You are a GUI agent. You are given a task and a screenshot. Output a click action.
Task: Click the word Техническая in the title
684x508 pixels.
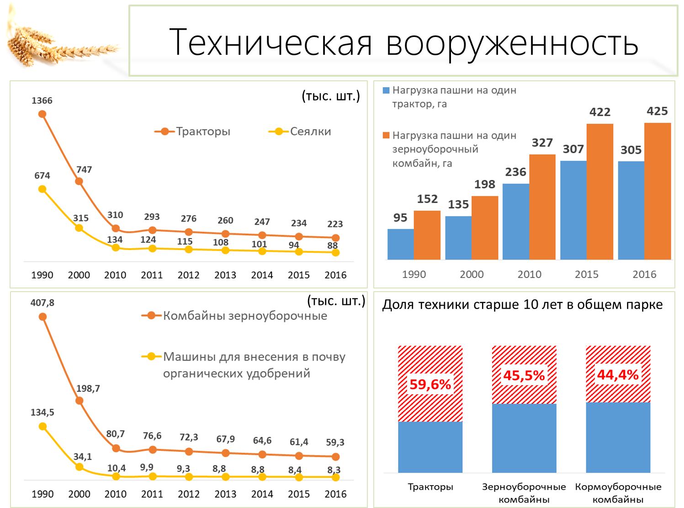pyautogui.click(x=270, y=42)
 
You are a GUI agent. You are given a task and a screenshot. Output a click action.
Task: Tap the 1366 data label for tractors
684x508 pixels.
pyautogui.click(x=42, y=100)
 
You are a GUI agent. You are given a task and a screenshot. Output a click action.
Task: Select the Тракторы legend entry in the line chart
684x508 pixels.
pyautogui.click(x=192, y=131)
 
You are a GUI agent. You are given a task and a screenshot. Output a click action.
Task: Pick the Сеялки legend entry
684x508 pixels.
pyautogui.click(x=300, y=131)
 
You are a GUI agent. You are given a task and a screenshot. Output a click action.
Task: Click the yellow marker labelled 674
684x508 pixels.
pyautogui.click(x=42, y=189)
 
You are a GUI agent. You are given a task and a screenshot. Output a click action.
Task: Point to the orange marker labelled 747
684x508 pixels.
pyautogui.click(x=79, y=181)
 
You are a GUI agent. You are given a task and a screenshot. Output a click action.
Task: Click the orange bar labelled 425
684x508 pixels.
pyautogui.click(x=657, y=191)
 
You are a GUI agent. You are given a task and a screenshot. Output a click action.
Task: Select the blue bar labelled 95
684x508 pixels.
pyautogui.click(x=401, y=244)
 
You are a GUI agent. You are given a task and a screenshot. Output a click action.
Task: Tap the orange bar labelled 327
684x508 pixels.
pyautogui.click(x=542, y=207)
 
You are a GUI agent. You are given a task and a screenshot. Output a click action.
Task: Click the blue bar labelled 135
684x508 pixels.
pyautogui.click(x=459, y=238)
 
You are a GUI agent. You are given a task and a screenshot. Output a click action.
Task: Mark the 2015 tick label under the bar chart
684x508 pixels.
pyautogui.click(x=587, y=274)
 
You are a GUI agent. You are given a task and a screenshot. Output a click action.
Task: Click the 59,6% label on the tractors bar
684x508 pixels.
pyautogui.click(x=430, y=384)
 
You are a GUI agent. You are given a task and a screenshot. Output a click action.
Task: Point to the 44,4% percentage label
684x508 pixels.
pyautogui.click(x=618, y=375)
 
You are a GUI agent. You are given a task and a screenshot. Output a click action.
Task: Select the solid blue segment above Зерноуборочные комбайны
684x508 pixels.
pyautogui.click(x=524, y=438)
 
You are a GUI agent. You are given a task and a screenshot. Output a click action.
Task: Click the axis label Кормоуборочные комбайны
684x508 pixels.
pyautogui.click(x=618, y=493)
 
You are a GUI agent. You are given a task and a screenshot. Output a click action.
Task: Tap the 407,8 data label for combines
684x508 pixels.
pyautogui.click(x=42, y=303)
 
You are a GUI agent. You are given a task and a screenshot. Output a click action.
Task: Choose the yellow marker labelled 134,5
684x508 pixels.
pyautogui.click(x=42, y=426)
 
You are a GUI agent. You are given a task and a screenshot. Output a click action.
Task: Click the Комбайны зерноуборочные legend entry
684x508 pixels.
pyautogui.click(x=234, y=316)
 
